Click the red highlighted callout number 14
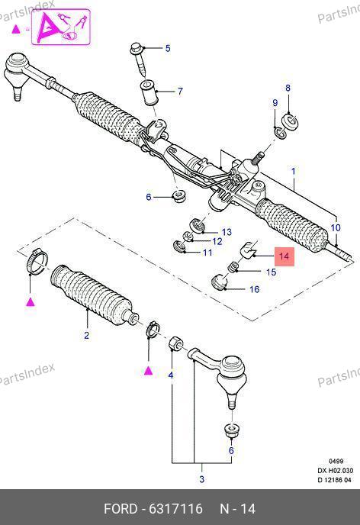[x=284, y=256]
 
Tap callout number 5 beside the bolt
[x=168, y=48]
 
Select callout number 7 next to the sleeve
[x=180, y=91]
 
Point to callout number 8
[x=288, y=88]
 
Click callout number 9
[x=275, y=103]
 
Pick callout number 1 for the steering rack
[x=294, y=172]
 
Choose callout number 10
[x=336, y=227]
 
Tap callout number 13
[x=227, y=232]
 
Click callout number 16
[x=254, y=289]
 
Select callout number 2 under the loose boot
[x=87, y=335]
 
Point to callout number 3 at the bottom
[x=202, y=479]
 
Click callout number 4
[x=171, y=375]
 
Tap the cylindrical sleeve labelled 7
[x=147, y=93]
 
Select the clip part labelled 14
[x=249, y=251]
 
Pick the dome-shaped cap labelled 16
[x=219, y=282]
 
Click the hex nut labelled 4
[x=175, y=343]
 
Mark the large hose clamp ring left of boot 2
[x=36, y=261]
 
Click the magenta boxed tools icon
[x=61, y=27]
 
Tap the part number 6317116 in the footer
[x=175, y=509]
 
